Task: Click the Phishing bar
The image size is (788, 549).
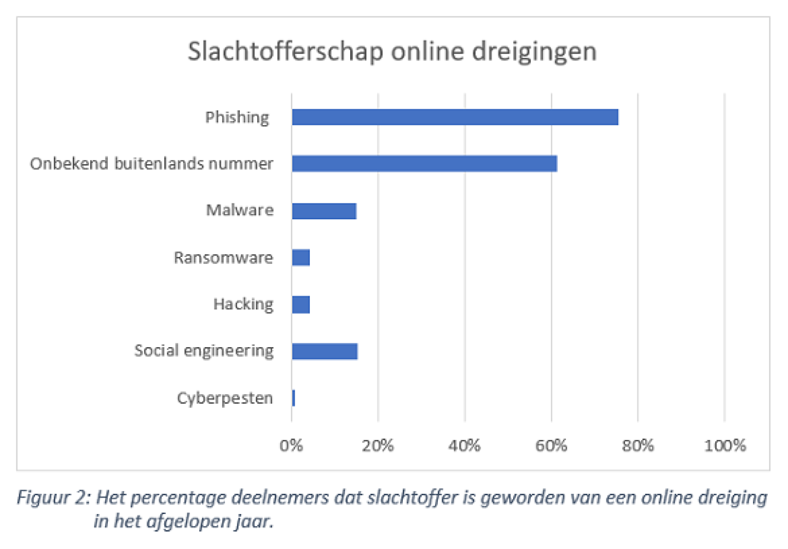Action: (x=455, y=117)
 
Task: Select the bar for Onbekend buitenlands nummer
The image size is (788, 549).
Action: (x=424, y=163)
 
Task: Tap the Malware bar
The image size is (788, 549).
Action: (x=324, y=211)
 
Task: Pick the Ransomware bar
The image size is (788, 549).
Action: (x=301, y=258)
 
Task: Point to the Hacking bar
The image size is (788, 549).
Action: (x=301, y=305)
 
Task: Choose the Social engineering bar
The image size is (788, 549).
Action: (x=325, y=352)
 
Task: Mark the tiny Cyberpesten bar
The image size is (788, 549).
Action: (x=294, y=398)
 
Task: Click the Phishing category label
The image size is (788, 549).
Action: (x=237, y=118)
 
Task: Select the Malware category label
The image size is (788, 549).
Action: (x=240, y=211)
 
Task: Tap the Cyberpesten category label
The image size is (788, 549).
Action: (x=224, y=399)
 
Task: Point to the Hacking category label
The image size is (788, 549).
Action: (x=243, y=305)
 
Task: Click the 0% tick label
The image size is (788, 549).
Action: (x=291, y=446)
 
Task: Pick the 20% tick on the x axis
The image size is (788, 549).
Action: (x=378, y=446)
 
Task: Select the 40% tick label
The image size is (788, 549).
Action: (x=465, y=446)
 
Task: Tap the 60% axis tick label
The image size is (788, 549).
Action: (x=551, y=446)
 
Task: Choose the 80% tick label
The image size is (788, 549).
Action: (x=638, y=446)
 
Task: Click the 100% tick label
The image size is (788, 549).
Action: (x=725, y=446)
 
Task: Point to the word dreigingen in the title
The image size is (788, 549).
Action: (x=534, y=52)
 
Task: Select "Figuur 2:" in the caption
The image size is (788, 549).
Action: (x=53, y=498)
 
